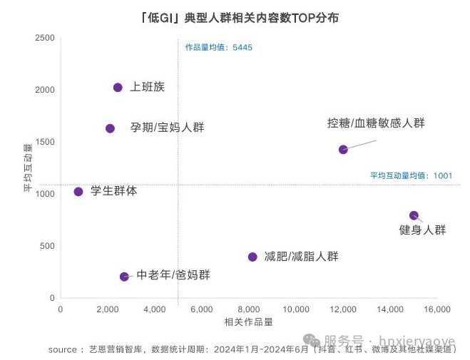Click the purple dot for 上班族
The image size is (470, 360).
[x=118, y=88]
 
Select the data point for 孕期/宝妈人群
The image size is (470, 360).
[x=110, y=128]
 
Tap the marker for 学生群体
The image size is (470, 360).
[x=78, y=192]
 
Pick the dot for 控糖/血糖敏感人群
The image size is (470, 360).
[x=343, y=150]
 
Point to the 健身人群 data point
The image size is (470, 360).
[x=414, y=215]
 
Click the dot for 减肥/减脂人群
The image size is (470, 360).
[x=252, y=257]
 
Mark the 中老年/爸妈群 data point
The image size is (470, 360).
[x=124, y=277]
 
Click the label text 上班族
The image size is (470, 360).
[x=147, y=87]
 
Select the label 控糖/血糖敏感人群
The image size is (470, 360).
[x=375, y=123]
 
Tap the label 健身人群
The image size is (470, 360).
[x=422, y=230]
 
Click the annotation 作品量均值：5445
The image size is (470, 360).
[x=219, y=48]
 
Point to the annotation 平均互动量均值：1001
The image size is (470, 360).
[x=411, y=175]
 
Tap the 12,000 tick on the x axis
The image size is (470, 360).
[x=343, y=309]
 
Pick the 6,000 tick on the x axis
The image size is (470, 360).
[x=202, y=309]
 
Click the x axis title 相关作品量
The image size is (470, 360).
[x=248, y=322]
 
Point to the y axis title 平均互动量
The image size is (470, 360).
[x=28, y=168]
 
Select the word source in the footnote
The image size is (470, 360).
[x=62, y=349]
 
